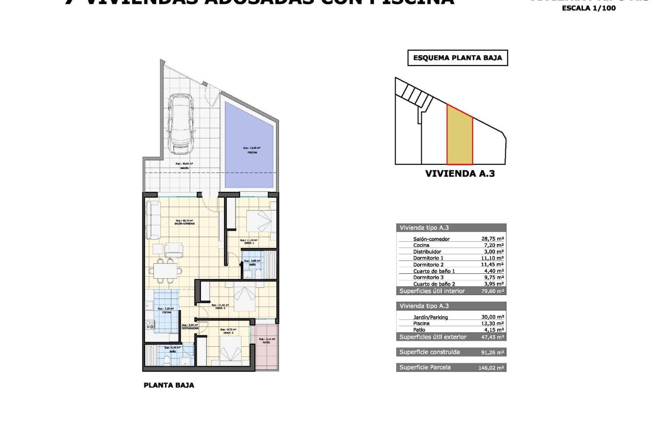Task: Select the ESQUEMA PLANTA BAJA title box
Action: [x=457, y=58]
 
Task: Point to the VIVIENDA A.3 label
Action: [x=460, y=174]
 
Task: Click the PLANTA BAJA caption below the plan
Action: [x=169, y=385]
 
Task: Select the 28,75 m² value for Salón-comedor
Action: [x=492, y=239]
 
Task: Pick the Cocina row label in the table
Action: [x=421, y=245]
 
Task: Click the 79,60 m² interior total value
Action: [x=492, y=291]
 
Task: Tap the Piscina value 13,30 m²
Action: [x=492, y=323]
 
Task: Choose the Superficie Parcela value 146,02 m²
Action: [x=491, y=368]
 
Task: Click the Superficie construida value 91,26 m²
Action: [x=492, y=353]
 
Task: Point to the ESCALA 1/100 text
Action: [x=589, y=8]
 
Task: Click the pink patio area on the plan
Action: [x=266, y=347]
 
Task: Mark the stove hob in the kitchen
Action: [x=150, y=325]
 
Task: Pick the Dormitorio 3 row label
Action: [x=428, y=278]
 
